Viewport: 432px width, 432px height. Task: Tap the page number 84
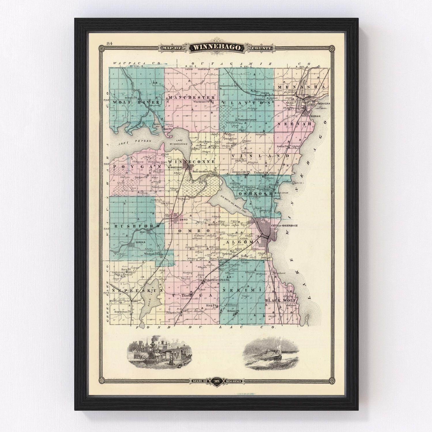click(x=109, y=43)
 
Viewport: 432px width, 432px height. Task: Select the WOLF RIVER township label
click(x=136, y=103)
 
